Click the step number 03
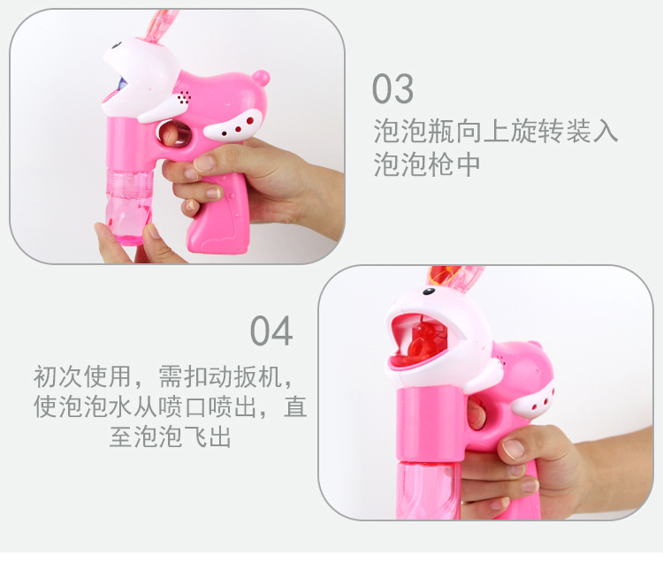392,89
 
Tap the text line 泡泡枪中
426,165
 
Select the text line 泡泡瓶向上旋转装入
495,133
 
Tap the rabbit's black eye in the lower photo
428,291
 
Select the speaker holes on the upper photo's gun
184,94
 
